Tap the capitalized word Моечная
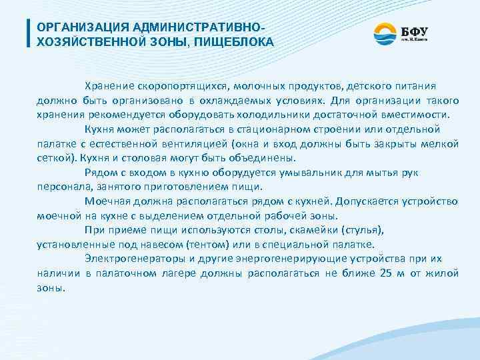tap(108, 201)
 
